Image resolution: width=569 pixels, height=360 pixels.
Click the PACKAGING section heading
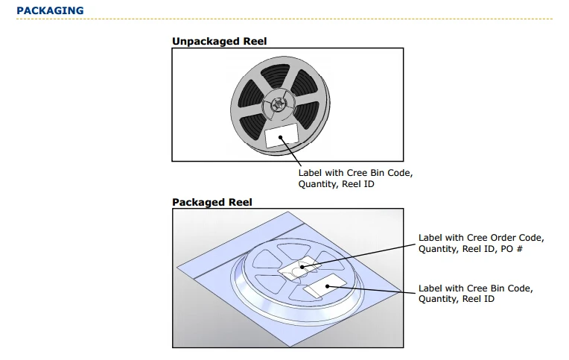tap(50, 10)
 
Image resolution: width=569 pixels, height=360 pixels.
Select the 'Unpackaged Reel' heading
tap(219, 41)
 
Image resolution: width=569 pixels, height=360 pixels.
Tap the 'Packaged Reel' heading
tap(212, 202)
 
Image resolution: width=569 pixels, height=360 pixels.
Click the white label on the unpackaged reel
tap(282, 136)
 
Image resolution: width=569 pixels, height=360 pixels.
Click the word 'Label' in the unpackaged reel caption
tap(311, 173)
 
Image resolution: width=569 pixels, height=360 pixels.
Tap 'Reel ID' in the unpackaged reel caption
tap(358, 184)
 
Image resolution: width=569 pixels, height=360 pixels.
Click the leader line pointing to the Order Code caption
tap(365, 255)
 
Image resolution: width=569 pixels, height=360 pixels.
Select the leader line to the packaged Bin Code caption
tap(372, 288)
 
